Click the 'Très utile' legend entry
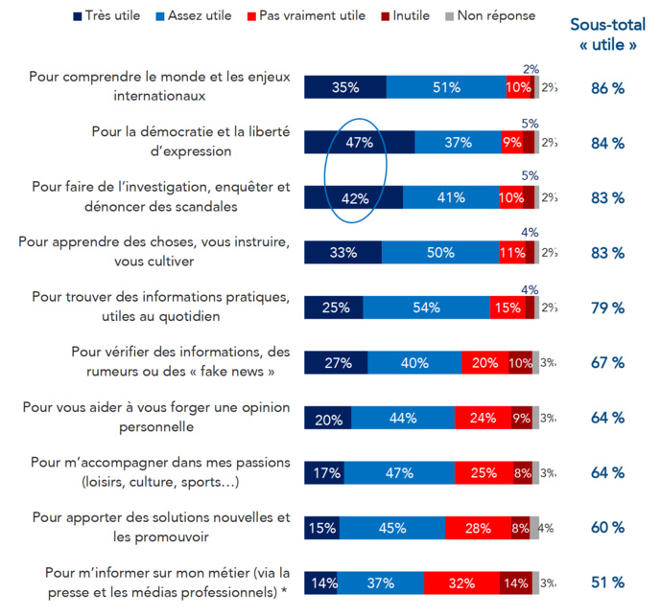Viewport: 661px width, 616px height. [x=108, y=15]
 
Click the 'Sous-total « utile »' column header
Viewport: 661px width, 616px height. [x=606, y=35]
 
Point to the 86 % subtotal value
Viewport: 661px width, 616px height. [x=606, y=87]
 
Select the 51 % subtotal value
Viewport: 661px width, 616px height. [x=606, y=582]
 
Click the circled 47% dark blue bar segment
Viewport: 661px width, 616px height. [x=358, y=143]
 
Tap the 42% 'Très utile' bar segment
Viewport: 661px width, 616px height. [x=354, y=198]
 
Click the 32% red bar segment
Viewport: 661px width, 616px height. [x=461, y=582]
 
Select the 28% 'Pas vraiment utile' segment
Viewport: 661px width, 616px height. [x=478, y=528]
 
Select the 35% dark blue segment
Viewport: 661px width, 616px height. [x=345, y=87]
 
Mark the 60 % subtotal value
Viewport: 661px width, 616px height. [x=606, y=528]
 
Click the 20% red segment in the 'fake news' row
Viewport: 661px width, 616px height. [x=484, y=363]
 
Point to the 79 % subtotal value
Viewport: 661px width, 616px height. [x=606, y=308]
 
